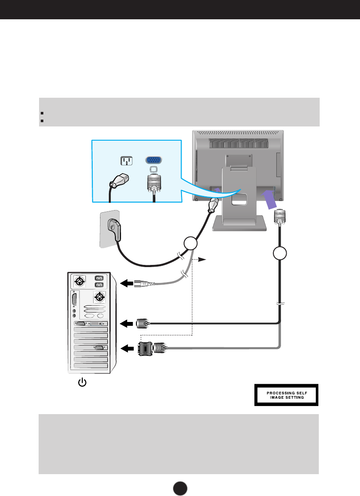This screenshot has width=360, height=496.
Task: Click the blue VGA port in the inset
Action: (x=154, y=160)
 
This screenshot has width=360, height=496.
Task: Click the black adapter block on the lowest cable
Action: (x=145, y=349)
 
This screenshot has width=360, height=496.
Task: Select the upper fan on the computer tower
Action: (x=80, y=282)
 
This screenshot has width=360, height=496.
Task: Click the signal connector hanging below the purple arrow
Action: (x=280, y=216)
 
